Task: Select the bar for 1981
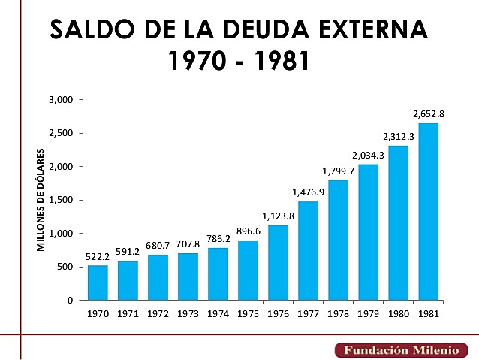click(428, 211)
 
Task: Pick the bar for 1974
click(218, 274)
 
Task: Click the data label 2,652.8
click(429, 114)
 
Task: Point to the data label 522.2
click(98, 257)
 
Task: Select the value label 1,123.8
click(278, 217)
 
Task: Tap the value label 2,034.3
click(368, 156)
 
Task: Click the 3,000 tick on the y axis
click(59, 100)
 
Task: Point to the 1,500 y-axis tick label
click(59, 200)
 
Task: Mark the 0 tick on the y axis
click(69, 301)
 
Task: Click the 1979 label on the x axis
click(368, 313)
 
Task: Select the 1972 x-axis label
click(158, 313)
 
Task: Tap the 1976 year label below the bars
click(278, 313)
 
